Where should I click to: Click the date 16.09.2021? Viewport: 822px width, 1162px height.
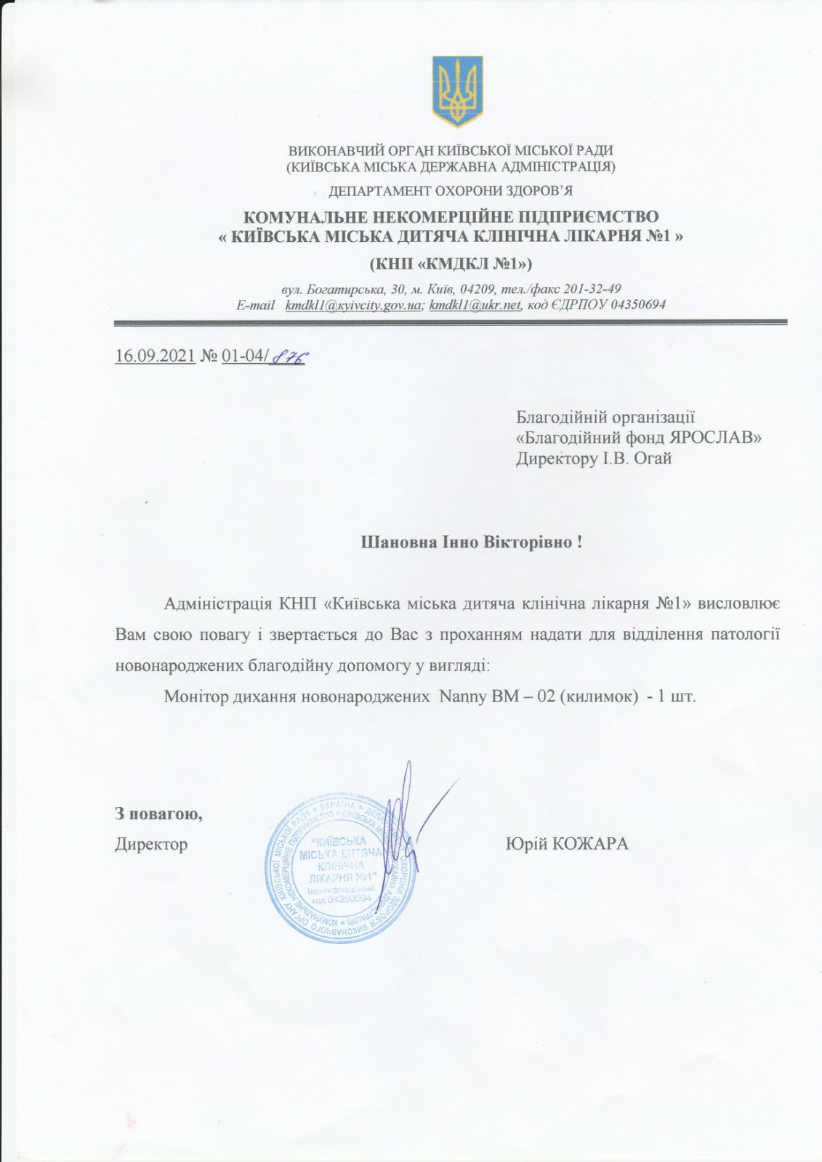click(x=155, y=357)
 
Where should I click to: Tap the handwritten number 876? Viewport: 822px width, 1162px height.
click(x=287, y=357)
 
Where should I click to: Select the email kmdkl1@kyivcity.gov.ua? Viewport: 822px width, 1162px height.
click(x=353, y=306)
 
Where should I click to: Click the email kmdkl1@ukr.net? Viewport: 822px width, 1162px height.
click(x=475, y=306)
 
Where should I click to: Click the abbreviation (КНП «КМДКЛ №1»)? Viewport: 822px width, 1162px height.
click(x=451, y=261)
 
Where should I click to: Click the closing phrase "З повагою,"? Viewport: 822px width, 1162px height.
click(x=158, y=813)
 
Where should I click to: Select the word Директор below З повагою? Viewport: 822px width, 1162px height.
click(x=151, y=844)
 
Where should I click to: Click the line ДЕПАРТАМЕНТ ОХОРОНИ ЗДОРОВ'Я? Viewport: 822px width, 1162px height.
click(x=451, y=192)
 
